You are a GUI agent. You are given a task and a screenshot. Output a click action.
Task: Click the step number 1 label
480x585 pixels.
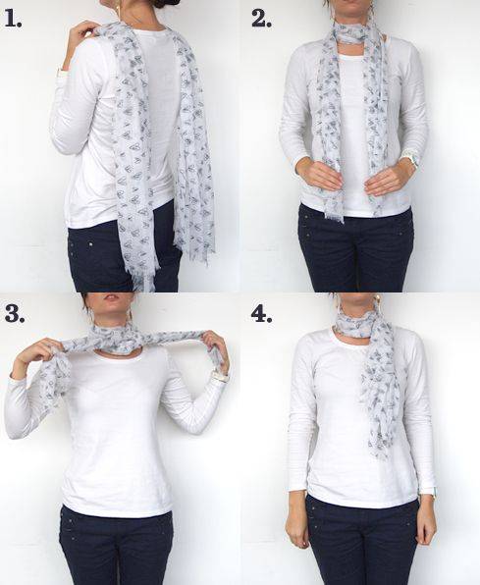13,19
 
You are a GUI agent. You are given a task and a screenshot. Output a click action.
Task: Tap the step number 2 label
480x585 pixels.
261,19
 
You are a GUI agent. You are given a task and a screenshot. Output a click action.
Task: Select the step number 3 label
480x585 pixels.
15,313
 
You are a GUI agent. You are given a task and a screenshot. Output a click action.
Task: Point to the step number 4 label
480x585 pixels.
261,313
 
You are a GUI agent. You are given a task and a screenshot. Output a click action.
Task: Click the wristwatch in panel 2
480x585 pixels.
413,160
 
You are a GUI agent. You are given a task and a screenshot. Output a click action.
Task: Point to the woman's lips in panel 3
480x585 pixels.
112,298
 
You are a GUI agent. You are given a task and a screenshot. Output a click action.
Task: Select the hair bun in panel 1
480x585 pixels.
165,4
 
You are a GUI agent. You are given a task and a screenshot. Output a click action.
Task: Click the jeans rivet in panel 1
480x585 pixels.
91,244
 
